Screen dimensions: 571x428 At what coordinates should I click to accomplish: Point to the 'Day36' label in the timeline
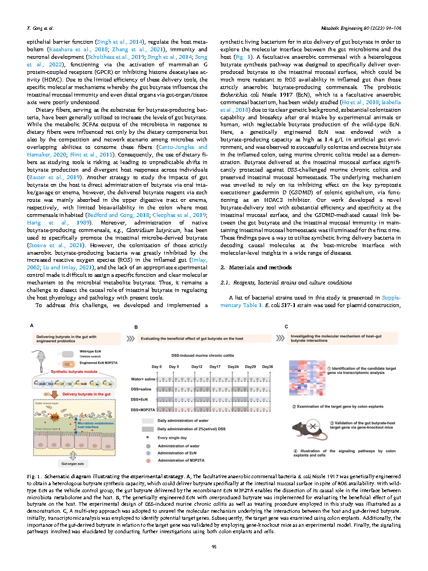click(x=267, y=367)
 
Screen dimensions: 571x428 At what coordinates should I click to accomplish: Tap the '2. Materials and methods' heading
click(x=254, y=267)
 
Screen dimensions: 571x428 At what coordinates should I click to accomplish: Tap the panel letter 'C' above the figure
click(x=287, y=326)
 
